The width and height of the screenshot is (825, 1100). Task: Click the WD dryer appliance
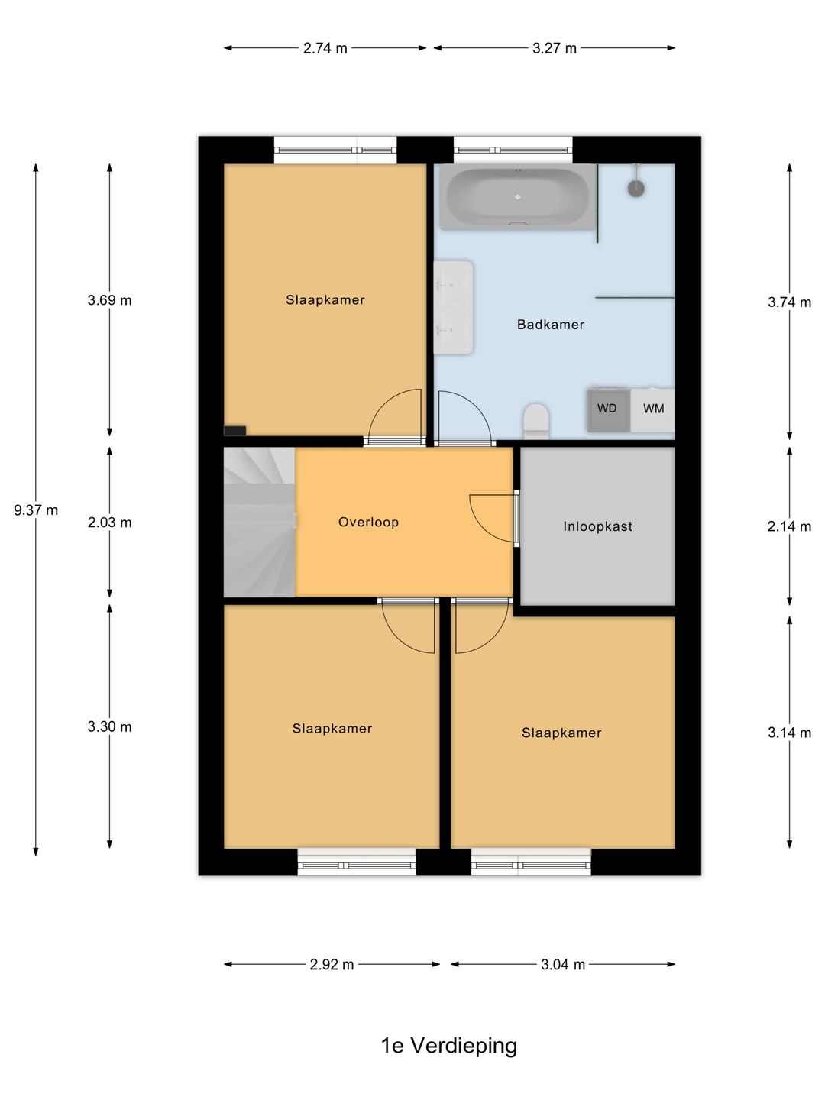coord(608,410)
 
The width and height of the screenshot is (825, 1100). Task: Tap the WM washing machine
coord(652,410)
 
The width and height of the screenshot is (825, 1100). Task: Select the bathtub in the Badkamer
coord(518,197)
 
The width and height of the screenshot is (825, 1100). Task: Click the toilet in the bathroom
coord(535,421)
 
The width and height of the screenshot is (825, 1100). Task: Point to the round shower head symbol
coord(636,189)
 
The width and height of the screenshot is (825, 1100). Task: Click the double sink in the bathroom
coord(453,307)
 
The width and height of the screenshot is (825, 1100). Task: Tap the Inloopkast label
coord(597,526)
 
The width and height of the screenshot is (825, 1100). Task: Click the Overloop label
coord(369,522)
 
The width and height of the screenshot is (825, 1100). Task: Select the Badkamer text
coord(551,325)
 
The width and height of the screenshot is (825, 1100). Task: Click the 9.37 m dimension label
coord(36,510)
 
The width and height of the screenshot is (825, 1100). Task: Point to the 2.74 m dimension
coord(325,48)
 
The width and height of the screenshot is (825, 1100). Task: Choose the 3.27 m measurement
coord(555,48)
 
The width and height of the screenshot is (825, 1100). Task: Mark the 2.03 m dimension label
coord(110,522)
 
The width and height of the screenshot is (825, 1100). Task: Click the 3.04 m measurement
coord(563,965)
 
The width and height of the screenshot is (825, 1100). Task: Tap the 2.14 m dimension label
coord(789,526)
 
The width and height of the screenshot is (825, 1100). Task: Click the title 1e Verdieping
coord(449,1046)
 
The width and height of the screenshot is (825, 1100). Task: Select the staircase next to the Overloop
coord(260,522)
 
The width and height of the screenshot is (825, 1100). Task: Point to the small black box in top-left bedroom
coord(235,431)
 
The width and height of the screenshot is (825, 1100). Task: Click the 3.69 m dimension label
coord(110,300)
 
